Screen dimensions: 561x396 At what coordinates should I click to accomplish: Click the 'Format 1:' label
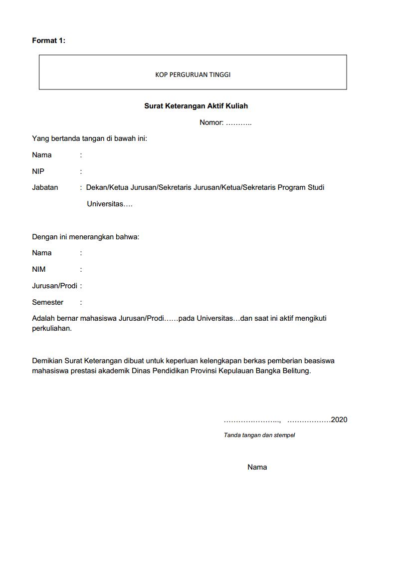[x=48, y=40]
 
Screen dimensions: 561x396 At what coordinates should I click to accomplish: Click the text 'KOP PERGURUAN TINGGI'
[x=193, y=75]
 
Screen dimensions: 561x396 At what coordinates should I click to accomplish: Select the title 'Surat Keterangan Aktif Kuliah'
[x=196, y=106]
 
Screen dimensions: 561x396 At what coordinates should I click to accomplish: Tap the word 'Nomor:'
[x=211, y=122]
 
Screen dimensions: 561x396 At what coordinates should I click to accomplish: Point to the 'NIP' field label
[x=38, y=171]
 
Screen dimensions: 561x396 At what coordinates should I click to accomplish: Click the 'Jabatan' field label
[x=45, y=187]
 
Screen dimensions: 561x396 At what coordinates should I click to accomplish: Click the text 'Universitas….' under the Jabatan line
[x=110, y=204]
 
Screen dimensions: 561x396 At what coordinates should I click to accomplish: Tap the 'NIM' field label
[x=38, y=269]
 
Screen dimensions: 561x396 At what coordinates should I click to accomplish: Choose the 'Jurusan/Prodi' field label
[x=54, y=286]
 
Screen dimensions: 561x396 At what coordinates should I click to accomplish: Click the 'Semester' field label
[x=47, y=302]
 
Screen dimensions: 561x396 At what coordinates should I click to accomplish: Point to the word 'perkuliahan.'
[x=52, y=329]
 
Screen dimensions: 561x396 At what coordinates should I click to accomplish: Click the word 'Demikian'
[x=47, y=361]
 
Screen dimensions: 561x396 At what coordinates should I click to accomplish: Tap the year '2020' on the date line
[x=339, y=420]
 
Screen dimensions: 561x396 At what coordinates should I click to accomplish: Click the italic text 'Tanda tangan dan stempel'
[x=259, y=435]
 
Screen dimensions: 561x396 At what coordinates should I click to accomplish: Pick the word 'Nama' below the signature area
[x=257, y=467]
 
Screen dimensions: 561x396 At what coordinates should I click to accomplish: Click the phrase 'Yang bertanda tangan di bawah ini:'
[x=89, y=138]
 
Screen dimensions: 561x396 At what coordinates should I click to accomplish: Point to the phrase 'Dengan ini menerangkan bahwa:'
[x=85, y=237]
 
